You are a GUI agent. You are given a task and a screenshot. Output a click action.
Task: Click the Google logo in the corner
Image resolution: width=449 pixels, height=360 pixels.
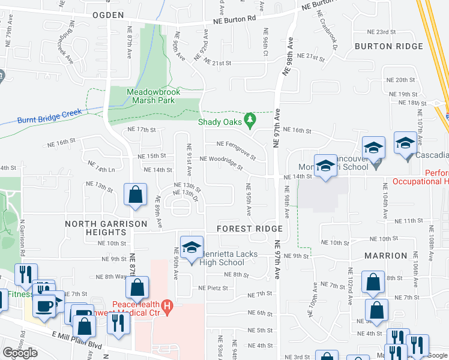[20, 353]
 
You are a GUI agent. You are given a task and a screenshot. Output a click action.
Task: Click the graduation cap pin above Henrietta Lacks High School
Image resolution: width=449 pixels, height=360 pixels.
[191, 247]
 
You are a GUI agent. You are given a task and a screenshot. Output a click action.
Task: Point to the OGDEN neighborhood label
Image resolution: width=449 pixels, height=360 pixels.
[108, 15]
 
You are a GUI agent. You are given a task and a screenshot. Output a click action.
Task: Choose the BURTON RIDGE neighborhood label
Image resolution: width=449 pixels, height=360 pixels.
[389, 46]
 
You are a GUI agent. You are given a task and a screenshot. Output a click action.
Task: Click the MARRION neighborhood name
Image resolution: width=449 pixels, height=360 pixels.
[386, 256]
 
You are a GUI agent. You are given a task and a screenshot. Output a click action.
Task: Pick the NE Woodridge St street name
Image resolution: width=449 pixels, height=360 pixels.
[221, 161]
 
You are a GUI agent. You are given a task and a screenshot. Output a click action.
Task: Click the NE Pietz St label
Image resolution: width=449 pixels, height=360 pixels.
[213, 288]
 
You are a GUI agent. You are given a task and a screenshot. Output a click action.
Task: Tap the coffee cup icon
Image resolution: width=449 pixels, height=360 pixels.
[44, 306]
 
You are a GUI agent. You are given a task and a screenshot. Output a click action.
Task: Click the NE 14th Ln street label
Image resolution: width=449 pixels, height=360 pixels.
[101, 166]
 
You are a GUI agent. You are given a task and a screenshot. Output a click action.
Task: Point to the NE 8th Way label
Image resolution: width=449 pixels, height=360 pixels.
[112, 277]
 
